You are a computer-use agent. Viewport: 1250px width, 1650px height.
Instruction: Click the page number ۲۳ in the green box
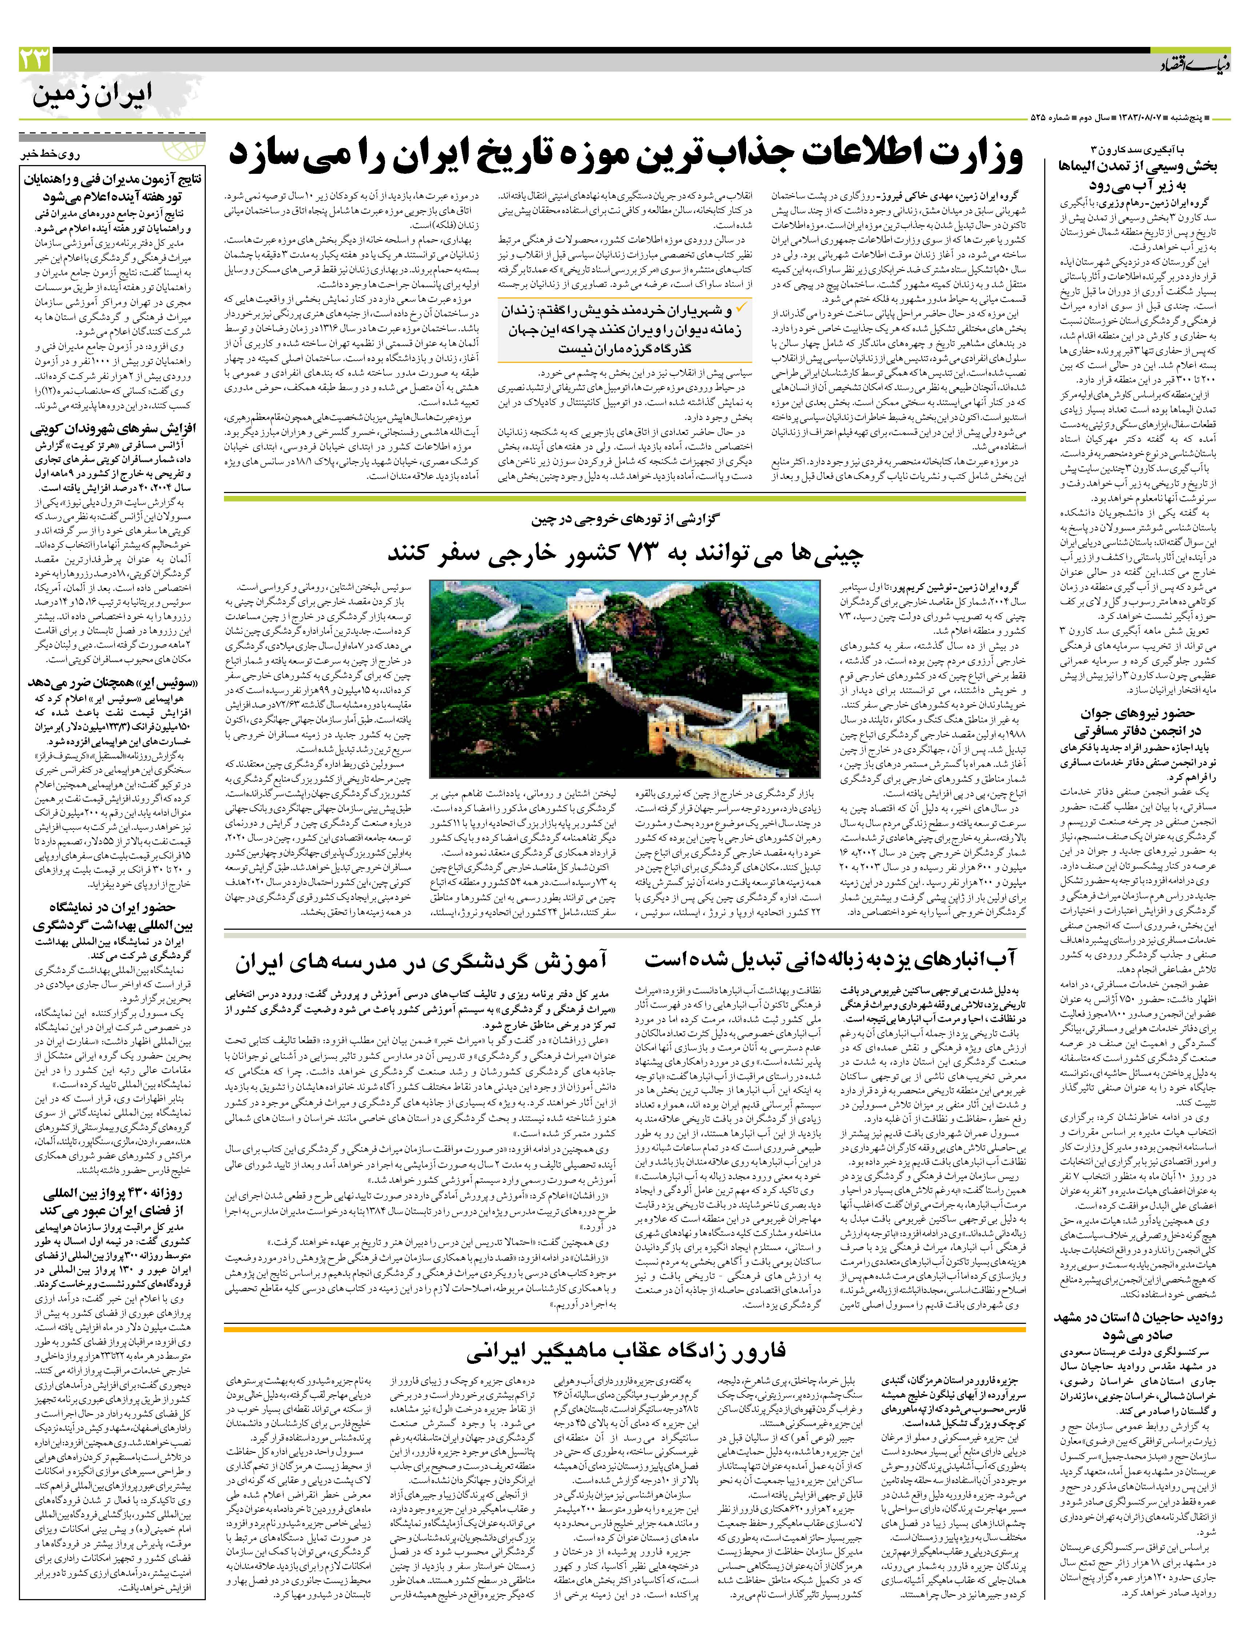(34, 58)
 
